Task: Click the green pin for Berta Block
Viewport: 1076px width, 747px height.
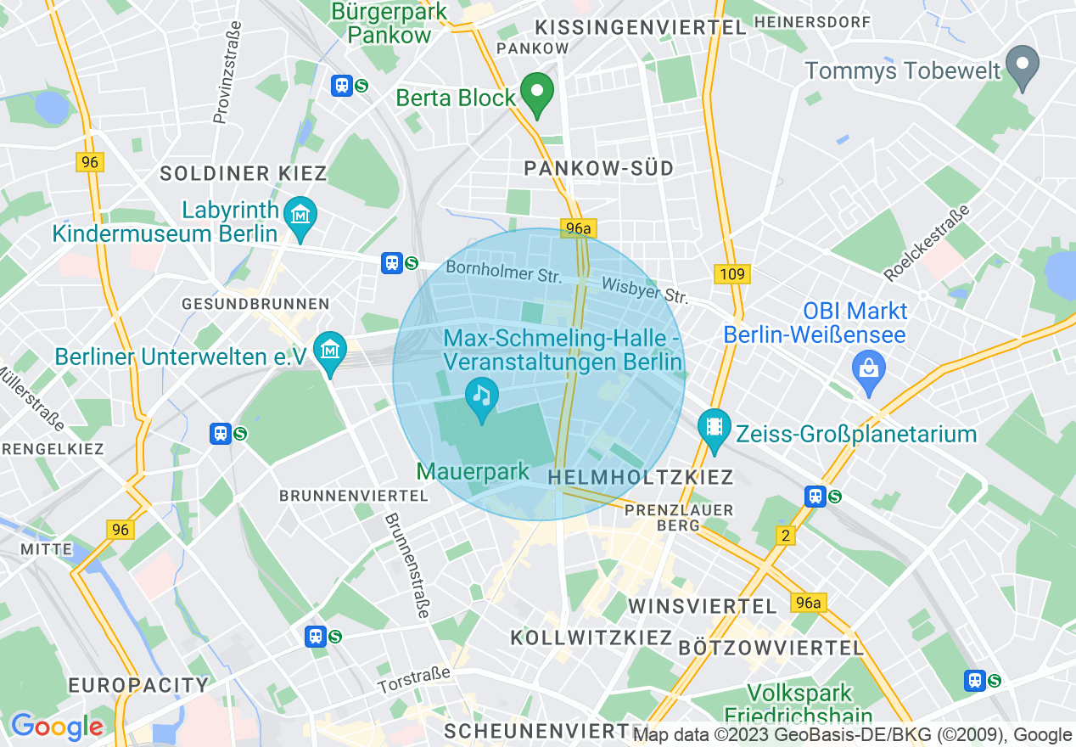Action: [x=536, y=94]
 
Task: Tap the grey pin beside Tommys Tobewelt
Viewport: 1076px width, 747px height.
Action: [x=1023, y=67]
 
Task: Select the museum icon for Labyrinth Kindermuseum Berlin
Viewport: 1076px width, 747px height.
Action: [x=300, y=216]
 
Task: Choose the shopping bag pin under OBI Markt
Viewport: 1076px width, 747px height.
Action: [x=868, y=371]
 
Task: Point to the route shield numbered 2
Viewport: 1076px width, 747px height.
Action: [x=786, y=535]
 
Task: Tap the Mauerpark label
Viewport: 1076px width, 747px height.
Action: [x=473, y=472]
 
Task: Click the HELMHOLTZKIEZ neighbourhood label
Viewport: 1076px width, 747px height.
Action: [x=641, y=478]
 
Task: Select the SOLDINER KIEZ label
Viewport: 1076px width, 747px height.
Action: [x=244, y=173]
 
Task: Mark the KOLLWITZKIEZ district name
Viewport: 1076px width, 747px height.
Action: [x=591, y=637]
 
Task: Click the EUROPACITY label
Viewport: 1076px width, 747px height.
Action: [x=138, y=685]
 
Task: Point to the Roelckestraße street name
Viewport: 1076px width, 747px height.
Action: [x=927, y=242]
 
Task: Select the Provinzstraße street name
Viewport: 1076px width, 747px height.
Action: [x=227, y=72]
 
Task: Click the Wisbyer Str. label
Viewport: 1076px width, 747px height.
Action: [x=645, y=290]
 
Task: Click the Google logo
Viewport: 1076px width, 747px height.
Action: [x=57, y=726]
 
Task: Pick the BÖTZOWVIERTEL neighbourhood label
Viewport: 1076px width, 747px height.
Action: [x=771, y=648]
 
